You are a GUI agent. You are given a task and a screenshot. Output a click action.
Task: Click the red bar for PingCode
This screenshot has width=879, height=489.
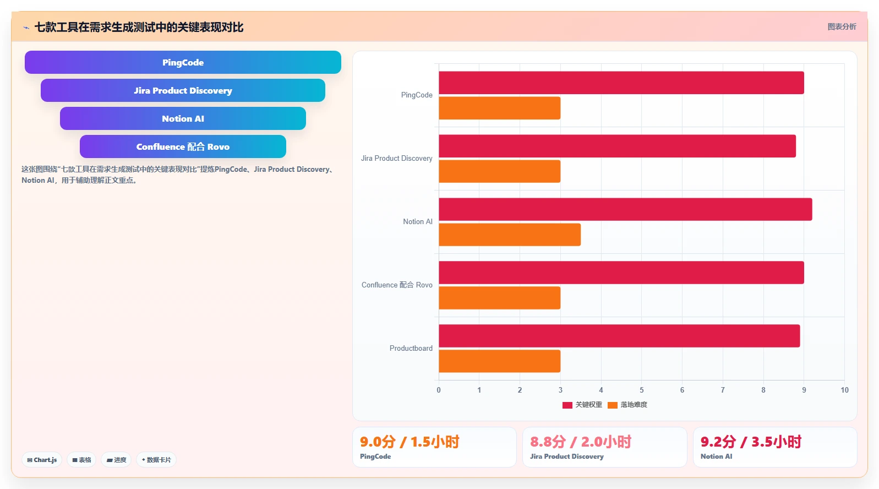tap(621, 83)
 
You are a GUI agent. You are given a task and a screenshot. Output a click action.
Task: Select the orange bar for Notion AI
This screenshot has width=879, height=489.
tap(510, 235)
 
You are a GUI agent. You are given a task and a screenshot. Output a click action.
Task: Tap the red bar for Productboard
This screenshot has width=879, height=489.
tap(619, 336)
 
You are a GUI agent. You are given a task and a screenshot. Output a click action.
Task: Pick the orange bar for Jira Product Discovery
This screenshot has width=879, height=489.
tap(500, 171)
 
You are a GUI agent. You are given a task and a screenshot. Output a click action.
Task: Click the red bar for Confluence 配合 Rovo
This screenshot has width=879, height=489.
tap(621, 273)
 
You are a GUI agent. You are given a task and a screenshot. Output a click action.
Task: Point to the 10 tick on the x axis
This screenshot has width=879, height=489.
tap(844, 390)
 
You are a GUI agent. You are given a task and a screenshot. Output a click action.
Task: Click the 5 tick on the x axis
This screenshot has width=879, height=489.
tap(642, 390)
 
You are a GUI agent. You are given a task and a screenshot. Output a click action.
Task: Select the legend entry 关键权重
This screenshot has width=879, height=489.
tap(582, 405)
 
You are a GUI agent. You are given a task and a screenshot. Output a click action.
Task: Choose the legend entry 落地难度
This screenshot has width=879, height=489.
tap(627, 405)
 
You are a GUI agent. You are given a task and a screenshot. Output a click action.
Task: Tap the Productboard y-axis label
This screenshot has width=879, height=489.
tap(411, 348)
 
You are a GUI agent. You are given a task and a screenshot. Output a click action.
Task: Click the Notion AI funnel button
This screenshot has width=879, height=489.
tap(183, 118)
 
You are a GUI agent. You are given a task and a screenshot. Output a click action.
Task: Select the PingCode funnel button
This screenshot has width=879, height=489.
tap(183, 62)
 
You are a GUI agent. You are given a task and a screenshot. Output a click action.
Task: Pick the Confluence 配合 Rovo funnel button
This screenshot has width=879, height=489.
tap(183, 146)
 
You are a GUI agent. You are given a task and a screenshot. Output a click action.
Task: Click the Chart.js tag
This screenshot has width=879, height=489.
tap(42, 460)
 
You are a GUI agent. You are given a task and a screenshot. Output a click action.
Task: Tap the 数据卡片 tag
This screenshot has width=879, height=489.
tap(156, 460)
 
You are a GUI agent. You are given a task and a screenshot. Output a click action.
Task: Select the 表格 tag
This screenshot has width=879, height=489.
tap(81, 460)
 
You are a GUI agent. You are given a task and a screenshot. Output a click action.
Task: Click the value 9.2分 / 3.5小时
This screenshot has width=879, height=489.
tap(751, 442)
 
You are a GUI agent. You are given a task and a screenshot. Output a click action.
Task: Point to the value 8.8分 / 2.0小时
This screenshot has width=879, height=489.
tap(580, 442)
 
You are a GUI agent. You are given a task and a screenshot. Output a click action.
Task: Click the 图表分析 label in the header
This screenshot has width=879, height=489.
tap(842, 26)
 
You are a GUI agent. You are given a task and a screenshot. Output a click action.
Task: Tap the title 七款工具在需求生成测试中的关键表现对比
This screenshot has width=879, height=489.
tap(139, 27)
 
